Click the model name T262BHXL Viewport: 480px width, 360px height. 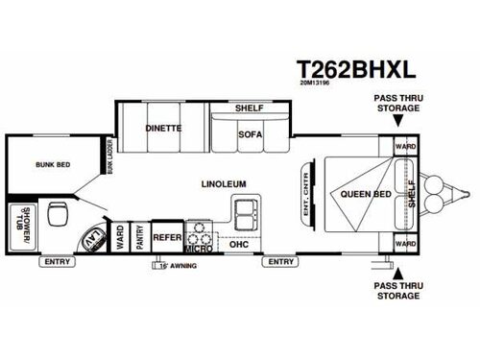pyautogui.click(x=356, y=68)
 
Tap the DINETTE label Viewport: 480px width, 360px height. pyautogui.click(x=163, y=127)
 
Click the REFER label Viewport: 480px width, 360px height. pyautogui.click(x=167, y=235)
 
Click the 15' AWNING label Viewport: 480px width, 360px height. pyautogui.click(x=173, y=267)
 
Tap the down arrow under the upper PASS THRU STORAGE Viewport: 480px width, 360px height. pyautogui.click(x=397, y=121)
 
